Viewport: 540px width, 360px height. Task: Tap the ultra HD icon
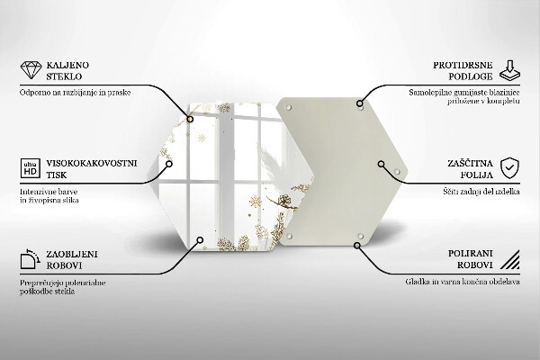pyautogui.click(x=28, y=167)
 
